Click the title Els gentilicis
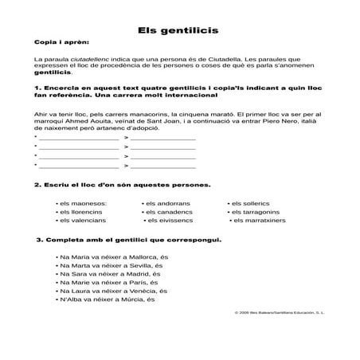click(179, 29)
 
